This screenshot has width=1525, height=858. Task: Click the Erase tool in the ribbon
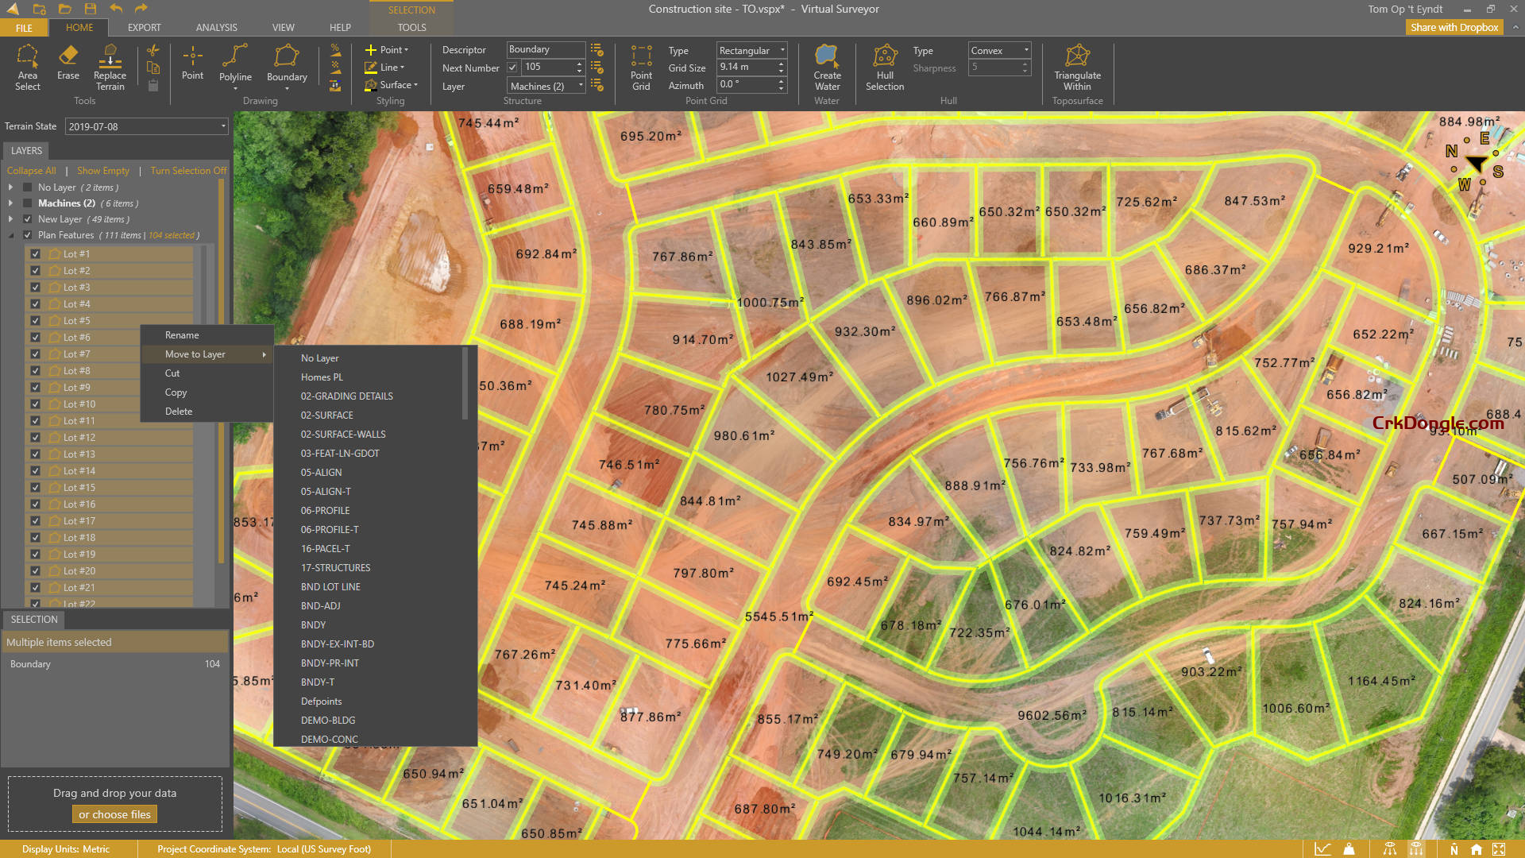pyautogui.click(x=68, y=64)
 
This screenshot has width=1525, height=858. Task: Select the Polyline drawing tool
pyautogui.click(x=235, y=64)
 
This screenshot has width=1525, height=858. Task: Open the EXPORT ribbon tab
pyautogui.click(x=145, y=27)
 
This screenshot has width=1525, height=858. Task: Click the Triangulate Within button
pyautogui.click(x=1077, y=67)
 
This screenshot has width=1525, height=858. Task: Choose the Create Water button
pyautogui.click(x=827, y=67)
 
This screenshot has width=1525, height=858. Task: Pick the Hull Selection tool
pyautogui.click(x=885, y=67)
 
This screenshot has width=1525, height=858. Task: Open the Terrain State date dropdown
pyautogui.click(x=223, y=126)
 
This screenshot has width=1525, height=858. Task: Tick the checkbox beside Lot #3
pyautogui.click(x=35, y=288)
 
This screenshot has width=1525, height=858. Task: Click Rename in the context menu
pyautogui.click(x=182, y=335)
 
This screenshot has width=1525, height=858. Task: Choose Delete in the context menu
pyautogui.click(x=179, y=412)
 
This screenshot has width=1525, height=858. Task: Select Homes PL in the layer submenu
pyautogui.click(x=322, y=377)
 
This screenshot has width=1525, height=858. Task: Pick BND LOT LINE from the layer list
pyautogui.click(x=330, y=587)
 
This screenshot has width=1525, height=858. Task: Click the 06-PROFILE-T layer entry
pyautogui.click(x=330, y=530)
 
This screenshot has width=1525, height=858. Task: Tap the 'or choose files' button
pyautogui.click(x=114, y=814)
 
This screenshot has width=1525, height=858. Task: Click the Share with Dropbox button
pyautogui.click(x=1454, y=27)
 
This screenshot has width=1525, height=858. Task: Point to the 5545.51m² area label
pyautogui.click(x=779, y=616)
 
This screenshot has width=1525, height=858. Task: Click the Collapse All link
pyautogui.click(x=31, y=171)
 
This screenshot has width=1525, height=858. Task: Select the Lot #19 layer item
pyautogui.click(x=79, y=555)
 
